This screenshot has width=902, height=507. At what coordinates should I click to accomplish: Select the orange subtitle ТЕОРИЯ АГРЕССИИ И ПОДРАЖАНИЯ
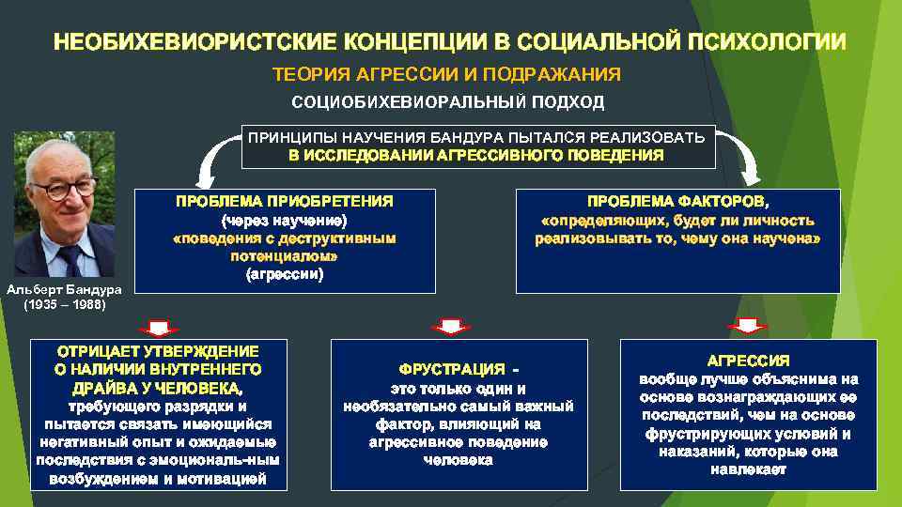coord(446,74)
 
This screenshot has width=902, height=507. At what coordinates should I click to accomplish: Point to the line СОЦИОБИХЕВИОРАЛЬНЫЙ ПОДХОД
coord(448,101)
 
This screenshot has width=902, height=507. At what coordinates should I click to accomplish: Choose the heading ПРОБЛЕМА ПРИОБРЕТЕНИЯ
coord(285,201)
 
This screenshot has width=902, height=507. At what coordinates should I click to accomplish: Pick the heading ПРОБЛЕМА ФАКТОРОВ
coord(676,201)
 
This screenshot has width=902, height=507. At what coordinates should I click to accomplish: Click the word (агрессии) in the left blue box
coord(285,275)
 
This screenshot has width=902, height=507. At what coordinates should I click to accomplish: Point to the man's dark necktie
coord(70,259)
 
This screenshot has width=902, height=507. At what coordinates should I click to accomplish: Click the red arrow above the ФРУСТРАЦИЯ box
coord(450,325)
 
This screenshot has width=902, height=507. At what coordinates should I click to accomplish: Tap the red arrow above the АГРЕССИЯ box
coord(747,325)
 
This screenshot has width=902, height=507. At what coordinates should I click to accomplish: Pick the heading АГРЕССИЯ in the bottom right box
coord(748,361)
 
